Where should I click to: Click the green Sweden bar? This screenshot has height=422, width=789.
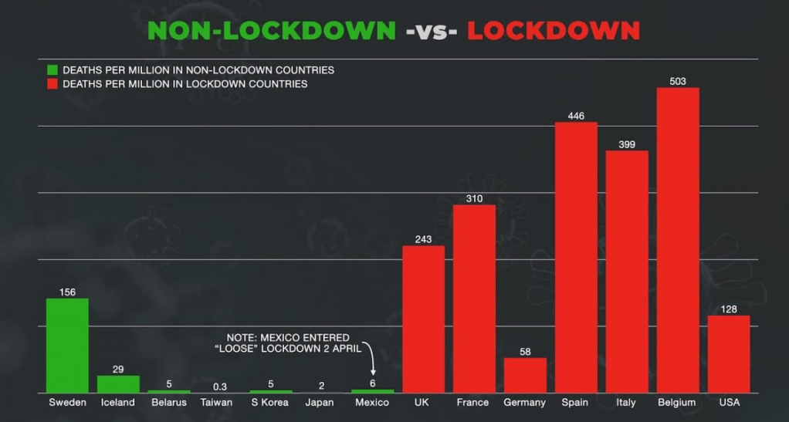67,346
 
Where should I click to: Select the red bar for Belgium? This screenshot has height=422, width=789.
678,240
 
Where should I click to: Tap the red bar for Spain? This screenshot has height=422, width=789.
576,258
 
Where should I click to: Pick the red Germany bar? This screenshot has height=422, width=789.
525,375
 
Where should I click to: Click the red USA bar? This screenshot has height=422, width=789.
728,354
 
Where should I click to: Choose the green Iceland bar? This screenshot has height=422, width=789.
118,384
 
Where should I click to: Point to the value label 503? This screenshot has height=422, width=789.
678,81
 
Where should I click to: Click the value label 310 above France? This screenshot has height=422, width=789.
474,198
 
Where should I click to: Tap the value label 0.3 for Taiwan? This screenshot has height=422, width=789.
220,387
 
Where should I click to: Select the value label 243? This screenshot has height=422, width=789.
423,239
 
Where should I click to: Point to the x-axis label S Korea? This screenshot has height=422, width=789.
270,403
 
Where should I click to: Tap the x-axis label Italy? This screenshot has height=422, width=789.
627,403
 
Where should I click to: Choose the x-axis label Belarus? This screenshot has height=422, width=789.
169,403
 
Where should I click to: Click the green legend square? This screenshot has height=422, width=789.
51,69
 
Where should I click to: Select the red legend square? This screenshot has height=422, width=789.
51,83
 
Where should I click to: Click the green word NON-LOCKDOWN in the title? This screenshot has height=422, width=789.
271,30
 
